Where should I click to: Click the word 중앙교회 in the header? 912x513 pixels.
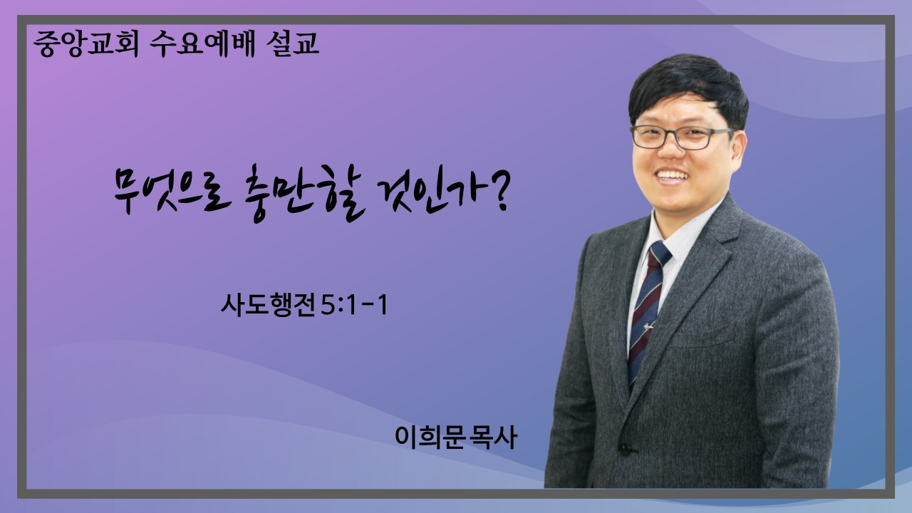click(86, 43)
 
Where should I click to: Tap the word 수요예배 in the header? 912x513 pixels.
click(202, 43)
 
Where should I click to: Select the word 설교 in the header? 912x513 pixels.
click(292, 43)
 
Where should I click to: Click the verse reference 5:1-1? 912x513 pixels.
click(354, 306)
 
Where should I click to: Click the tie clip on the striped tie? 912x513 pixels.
click(648, 326)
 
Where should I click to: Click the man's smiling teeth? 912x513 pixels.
click(672, 175)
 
